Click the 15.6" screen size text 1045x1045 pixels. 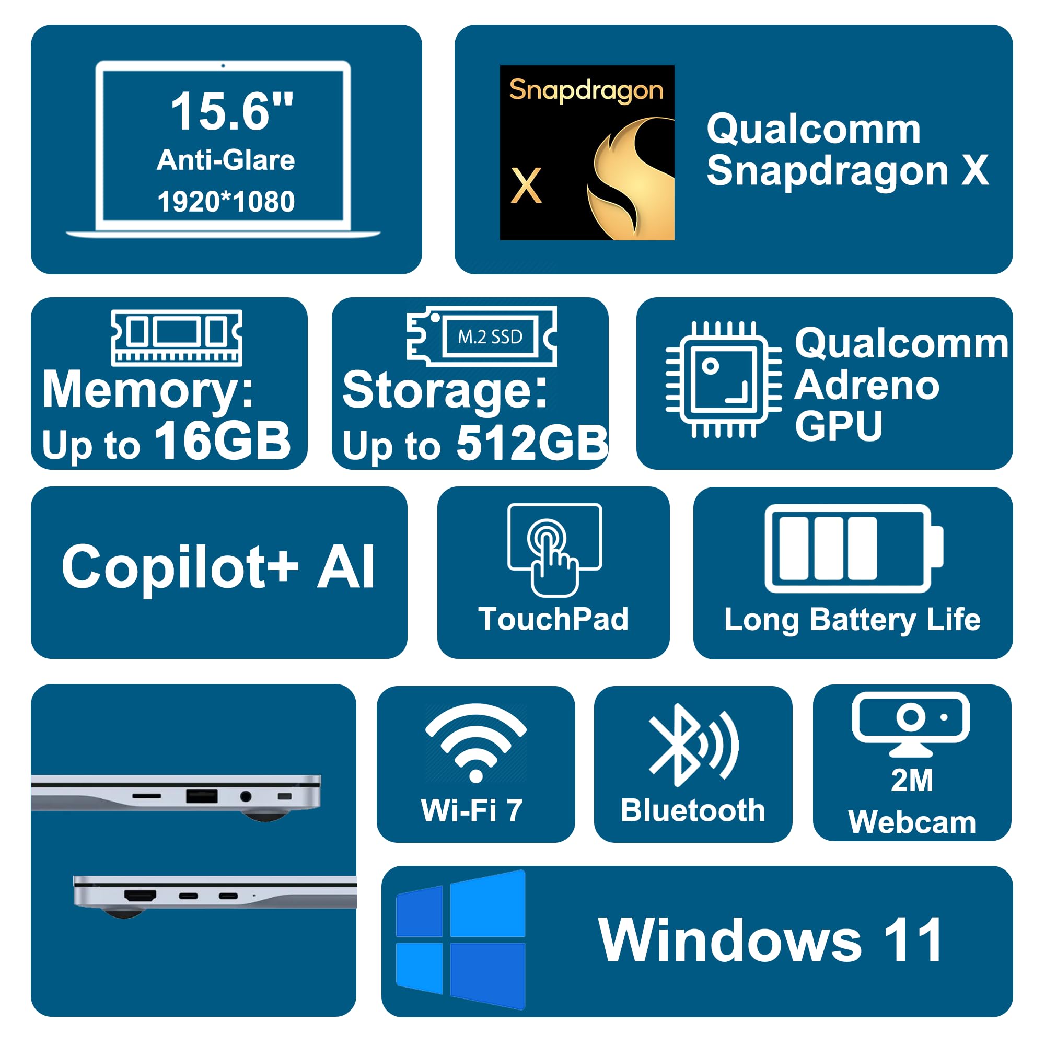coord(231,111)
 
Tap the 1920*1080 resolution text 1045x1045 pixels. coord(226,202)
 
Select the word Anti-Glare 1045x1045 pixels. coord(226,160)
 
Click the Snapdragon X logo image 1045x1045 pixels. coord(587,153)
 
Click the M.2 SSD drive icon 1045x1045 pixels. coord(481,336)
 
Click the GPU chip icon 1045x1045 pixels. coord(723,379)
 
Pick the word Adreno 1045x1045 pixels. coord(866,385)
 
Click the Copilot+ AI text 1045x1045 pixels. coord(218,567)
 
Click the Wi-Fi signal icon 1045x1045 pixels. coord(476,742)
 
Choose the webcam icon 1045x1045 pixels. coord(911,723)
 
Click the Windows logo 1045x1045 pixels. coord(460,939)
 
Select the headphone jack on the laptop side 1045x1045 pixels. coord(246,796)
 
